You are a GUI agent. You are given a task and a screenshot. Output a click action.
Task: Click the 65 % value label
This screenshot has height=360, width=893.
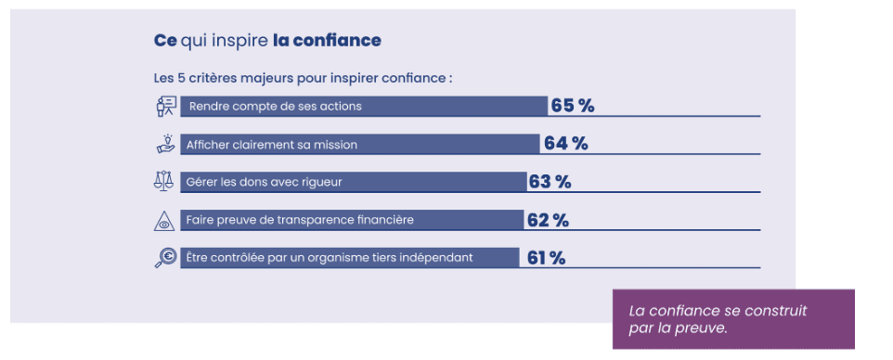(572, 106)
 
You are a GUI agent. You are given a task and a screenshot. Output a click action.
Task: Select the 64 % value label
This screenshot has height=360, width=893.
(565, 144)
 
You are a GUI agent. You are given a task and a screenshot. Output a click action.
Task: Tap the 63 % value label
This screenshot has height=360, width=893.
(550, 182)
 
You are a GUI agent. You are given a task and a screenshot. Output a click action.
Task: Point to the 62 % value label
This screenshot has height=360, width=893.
(548, 220)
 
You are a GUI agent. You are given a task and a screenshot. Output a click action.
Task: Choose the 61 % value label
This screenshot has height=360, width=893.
(546, 258)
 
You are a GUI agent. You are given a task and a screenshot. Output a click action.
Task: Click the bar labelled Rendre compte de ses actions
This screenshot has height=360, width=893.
(363, 106)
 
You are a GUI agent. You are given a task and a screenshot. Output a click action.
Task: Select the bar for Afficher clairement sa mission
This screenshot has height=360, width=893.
(359, 144)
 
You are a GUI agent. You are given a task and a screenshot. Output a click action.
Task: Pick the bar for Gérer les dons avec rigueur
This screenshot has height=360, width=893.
(353, 182)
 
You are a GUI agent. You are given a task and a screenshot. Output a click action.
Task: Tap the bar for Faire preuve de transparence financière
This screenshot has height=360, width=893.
(351, 220)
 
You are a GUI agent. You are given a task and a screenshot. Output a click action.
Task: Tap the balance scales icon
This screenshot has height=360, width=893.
(164, 181)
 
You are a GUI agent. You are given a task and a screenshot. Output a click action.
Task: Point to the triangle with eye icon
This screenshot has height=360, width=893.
(164, 220)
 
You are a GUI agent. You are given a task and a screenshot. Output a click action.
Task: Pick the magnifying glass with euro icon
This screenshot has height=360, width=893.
(164, 258)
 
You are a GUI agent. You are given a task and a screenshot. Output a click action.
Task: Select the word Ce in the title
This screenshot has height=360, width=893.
(164, 41)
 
